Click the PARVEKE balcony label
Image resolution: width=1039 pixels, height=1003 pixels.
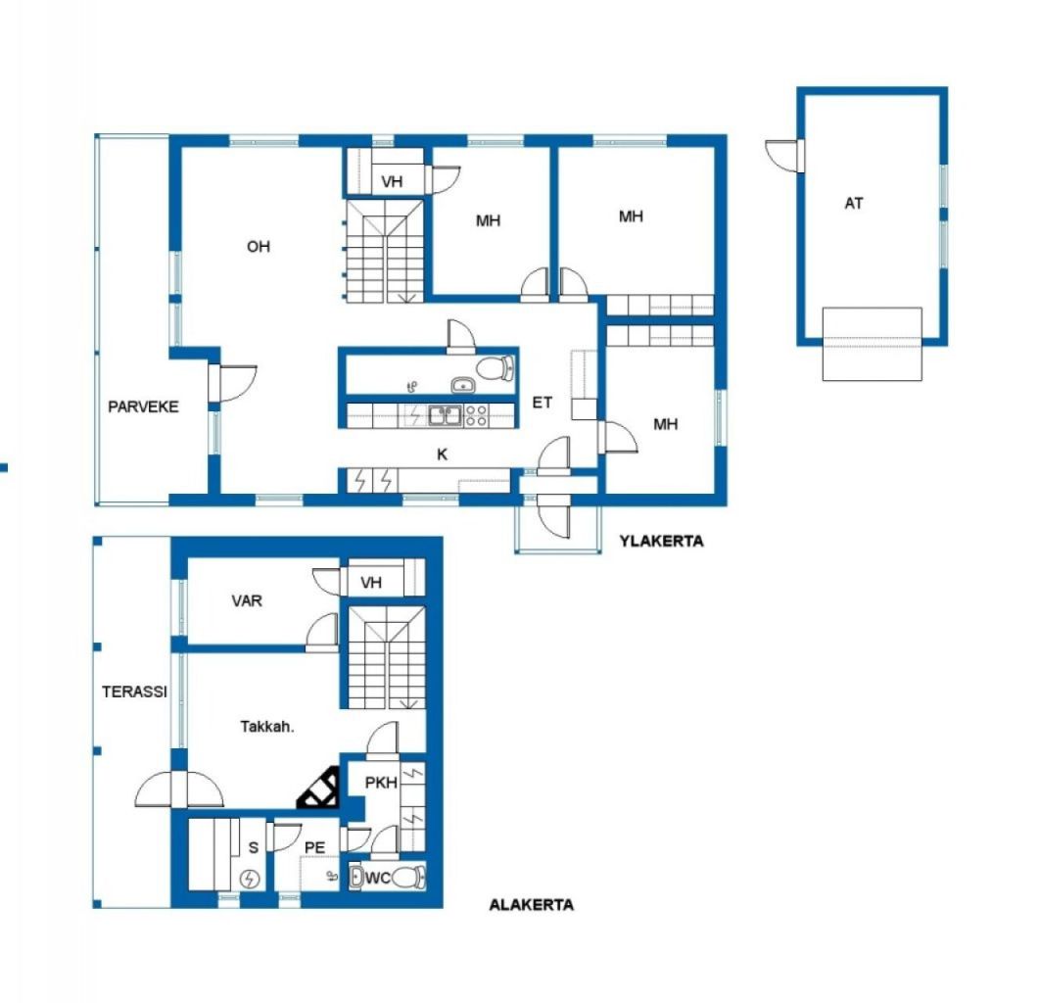tap(143, 406)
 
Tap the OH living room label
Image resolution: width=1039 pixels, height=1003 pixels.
tap(259, 247)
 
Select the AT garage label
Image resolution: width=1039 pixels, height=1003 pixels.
tap(854, 204)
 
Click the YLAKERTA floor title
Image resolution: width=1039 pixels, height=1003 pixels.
tap(661, 541)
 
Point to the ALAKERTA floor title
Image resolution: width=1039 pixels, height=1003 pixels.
tap(531, 905)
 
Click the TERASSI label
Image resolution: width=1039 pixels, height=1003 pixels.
tap(134, 692)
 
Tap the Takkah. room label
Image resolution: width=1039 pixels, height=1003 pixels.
tap(267, 727)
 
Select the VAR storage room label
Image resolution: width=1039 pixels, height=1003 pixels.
tap(247, 600)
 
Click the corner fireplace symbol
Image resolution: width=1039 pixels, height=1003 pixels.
tap(318, 788)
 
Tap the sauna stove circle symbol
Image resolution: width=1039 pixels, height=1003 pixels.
tap(250, 879)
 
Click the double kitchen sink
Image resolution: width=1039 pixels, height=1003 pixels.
tap(445, 415)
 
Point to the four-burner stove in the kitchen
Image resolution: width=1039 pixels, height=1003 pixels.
tap(476, 415)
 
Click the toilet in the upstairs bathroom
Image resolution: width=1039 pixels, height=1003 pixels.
tap(495, 368)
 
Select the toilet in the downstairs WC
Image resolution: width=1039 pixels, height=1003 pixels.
tap(408, 878)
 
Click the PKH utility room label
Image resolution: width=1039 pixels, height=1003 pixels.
tap(381, 783)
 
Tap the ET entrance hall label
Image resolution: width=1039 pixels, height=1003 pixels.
tap(543, 403)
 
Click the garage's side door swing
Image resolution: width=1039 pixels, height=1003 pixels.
tap(784, 156)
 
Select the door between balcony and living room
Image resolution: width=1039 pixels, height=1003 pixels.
tap(233, 383)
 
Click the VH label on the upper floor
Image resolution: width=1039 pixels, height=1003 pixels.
tap(392, 181)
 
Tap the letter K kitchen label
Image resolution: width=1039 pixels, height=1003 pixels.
tap(442, 454)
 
